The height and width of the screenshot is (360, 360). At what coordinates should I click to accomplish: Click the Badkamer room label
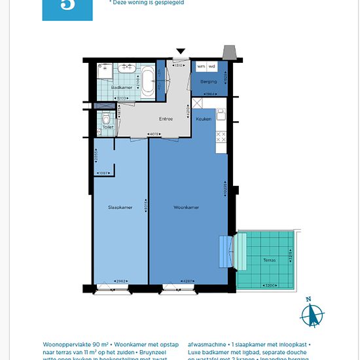(x=122, y=87)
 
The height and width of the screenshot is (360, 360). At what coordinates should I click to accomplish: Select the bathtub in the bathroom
(x=149, y=81)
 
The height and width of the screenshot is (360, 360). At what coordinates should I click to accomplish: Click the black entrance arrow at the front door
(x=181, y=52)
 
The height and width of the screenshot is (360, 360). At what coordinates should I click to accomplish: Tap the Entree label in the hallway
(x=166, y=119)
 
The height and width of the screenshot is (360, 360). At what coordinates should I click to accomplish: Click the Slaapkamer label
(x=120, y=207)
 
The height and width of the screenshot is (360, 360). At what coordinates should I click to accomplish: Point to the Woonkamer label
(x=187, y=207)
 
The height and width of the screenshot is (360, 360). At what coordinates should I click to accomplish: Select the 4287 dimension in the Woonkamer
(x=188, y=280)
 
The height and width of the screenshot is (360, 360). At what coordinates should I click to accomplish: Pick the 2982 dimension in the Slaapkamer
(x=120, y=280)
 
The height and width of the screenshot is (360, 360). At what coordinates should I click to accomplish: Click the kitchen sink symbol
(x=221, y=117)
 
